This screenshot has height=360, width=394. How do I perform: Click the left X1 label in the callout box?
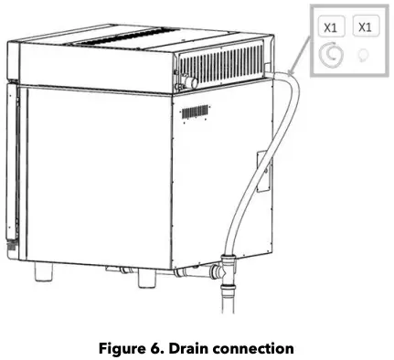pyautogui.click(x=331, y=27)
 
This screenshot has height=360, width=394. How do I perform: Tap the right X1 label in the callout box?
pyautogui.click(x=365, y=27)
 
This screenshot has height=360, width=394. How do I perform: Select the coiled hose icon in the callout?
pyautogui.click(x=331, y=58)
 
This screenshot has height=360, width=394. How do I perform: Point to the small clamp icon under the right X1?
pyautogui.click(x=365, y=57)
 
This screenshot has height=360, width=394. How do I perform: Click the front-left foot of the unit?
pyautogui.click(x=43, y=273)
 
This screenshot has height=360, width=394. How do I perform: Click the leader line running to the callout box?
pyautogui.click(x=294, y=64)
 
